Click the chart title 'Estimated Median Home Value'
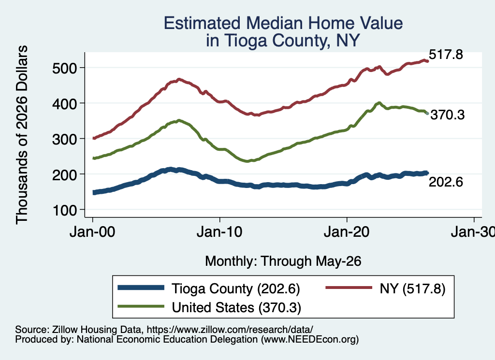click(283, 23)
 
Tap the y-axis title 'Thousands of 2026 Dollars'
click(22, 135)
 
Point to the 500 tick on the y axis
click(65, 68)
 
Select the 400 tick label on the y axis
click(65, 103)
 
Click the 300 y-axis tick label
click(65, 139)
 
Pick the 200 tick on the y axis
click(65, 174)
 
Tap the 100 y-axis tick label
click(65, 210)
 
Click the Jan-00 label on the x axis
click(92, 232)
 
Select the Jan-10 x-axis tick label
click(219, 232)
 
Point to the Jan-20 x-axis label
click(347, 232)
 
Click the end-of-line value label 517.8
click(446, 55)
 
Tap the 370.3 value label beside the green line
click(448, 115)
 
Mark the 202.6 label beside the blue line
click(446, 182)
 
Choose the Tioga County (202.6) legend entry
click(235, 288)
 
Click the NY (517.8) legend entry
click(412, 288)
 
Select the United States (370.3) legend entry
click(236, 308)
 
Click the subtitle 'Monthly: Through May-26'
click(283, 261)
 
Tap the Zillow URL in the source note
click(230, 330)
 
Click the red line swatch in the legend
click(349, 288)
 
